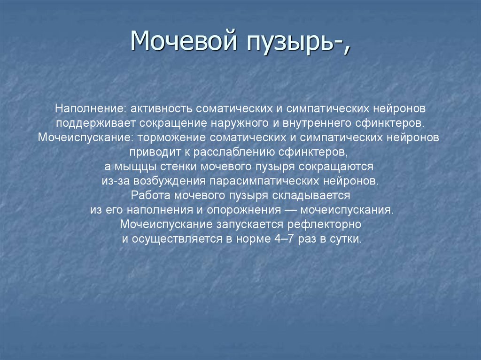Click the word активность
(x=160, y=109)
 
